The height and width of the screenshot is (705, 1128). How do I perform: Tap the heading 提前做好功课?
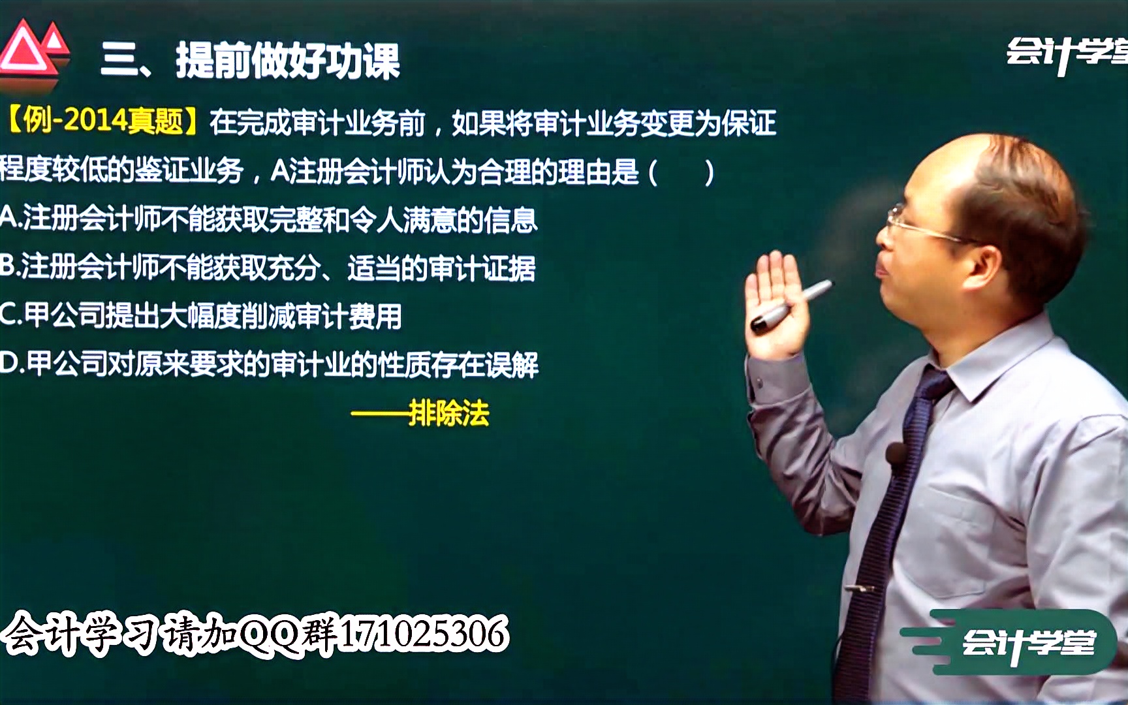pyautogui.click(x=288, y=62)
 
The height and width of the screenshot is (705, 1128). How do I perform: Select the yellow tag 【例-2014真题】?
pyautogui.click(x=103, y=121)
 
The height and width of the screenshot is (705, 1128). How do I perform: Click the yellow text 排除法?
pyautogui.click(x=448, y=413)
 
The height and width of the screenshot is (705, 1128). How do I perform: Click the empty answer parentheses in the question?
pyautogui.click(x=681, y=172)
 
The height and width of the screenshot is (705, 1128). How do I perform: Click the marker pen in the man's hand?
pyautogui.click(x=792, y=306)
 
